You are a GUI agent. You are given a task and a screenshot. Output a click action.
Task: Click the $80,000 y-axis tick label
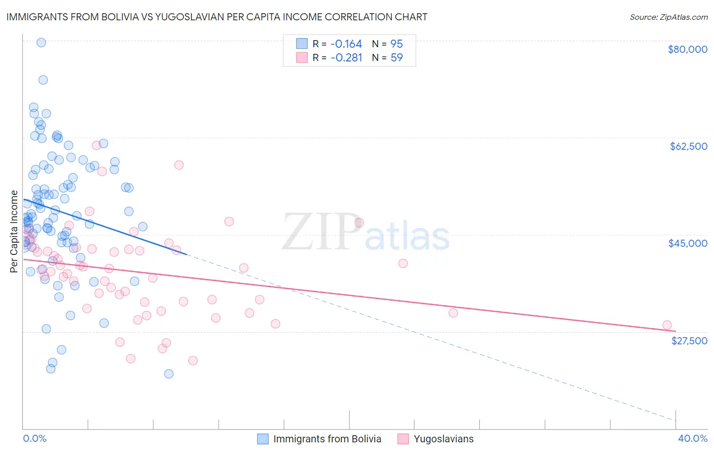coord(688,49)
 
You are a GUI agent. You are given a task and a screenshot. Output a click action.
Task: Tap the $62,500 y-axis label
coord(689,146)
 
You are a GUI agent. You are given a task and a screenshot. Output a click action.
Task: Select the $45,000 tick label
coord(688,243)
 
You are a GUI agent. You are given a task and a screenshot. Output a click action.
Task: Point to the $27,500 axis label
coord(689,341)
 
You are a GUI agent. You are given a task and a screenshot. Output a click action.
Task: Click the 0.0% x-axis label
coord(35,439)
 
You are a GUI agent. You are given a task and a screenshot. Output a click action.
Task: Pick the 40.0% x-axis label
coord(693,439)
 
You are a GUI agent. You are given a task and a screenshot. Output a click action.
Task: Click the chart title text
coord(217,17)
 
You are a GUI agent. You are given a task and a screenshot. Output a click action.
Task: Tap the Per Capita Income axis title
coord(14,232)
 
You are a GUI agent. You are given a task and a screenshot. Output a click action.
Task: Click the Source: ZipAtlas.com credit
coord(668,17)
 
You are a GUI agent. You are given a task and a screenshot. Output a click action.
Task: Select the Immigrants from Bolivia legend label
coord(327,439)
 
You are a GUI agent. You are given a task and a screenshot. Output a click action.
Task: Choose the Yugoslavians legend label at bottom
coord(443,439)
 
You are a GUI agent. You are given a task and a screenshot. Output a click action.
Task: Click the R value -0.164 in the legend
coord(346,44)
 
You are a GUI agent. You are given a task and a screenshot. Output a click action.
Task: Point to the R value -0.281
coord(346,58)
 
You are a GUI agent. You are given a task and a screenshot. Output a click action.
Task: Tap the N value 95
coord(396,44)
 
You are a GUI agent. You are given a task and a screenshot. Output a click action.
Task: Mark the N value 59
coord(396,58)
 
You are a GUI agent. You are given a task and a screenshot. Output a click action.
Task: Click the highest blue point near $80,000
coord(41,43)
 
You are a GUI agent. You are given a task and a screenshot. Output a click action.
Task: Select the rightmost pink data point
coord(667,325)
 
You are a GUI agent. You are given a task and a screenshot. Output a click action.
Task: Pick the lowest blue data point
coord(169,374)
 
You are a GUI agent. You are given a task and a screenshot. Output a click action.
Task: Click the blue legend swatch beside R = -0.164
coord(302,44)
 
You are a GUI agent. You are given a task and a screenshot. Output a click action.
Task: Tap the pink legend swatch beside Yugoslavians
coord(403,439)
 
